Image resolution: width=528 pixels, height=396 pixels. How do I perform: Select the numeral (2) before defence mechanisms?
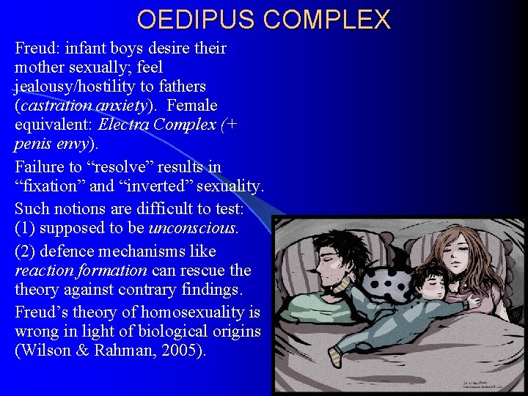[26, 251]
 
